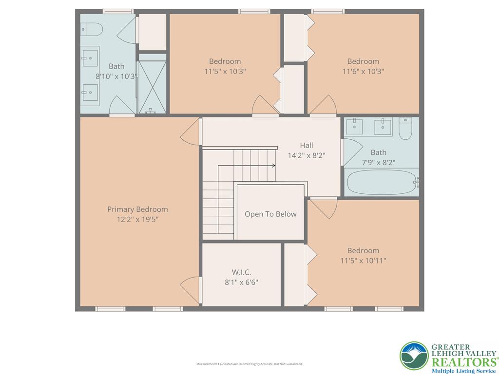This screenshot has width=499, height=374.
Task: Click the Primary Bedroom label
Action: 137,209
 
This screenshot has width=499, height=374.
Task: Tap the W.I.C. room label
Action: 241,272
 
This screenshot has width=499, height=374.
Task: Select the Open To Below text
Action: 270,214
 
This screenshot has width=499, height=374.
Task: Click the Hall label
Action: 307,145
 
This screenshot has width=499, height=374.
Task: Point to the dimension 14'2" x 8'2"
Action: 307,156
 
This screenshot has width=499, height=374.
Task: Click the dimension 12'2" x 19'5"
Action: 137,220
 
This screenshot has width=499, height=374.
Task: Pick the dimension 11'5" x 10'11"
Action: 363,261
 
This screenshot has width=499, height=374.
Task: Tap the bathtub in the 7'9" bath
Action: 380,183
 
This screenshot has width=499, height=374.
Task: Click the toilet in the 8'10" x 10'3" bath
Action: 92,30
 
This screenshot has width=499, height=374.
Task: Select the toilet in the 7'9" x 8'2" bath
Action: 405,128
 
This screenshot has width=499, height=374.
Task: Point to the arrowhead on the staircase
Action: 274,166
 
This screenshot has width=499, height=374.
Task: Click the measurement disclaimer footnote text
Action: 249,364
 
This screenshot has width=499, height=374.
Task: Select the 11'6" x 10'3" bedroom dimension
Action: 363,72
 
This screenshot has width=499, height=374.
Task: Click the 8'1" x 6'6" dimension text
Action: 241,282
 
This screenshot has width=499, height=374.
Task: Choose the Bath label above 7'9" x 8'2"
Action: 378,152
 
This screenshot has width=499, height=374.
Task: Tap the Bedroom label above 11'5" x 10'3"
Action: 225,61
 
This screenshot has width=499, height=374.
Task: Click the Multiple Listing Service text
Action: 463,371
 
